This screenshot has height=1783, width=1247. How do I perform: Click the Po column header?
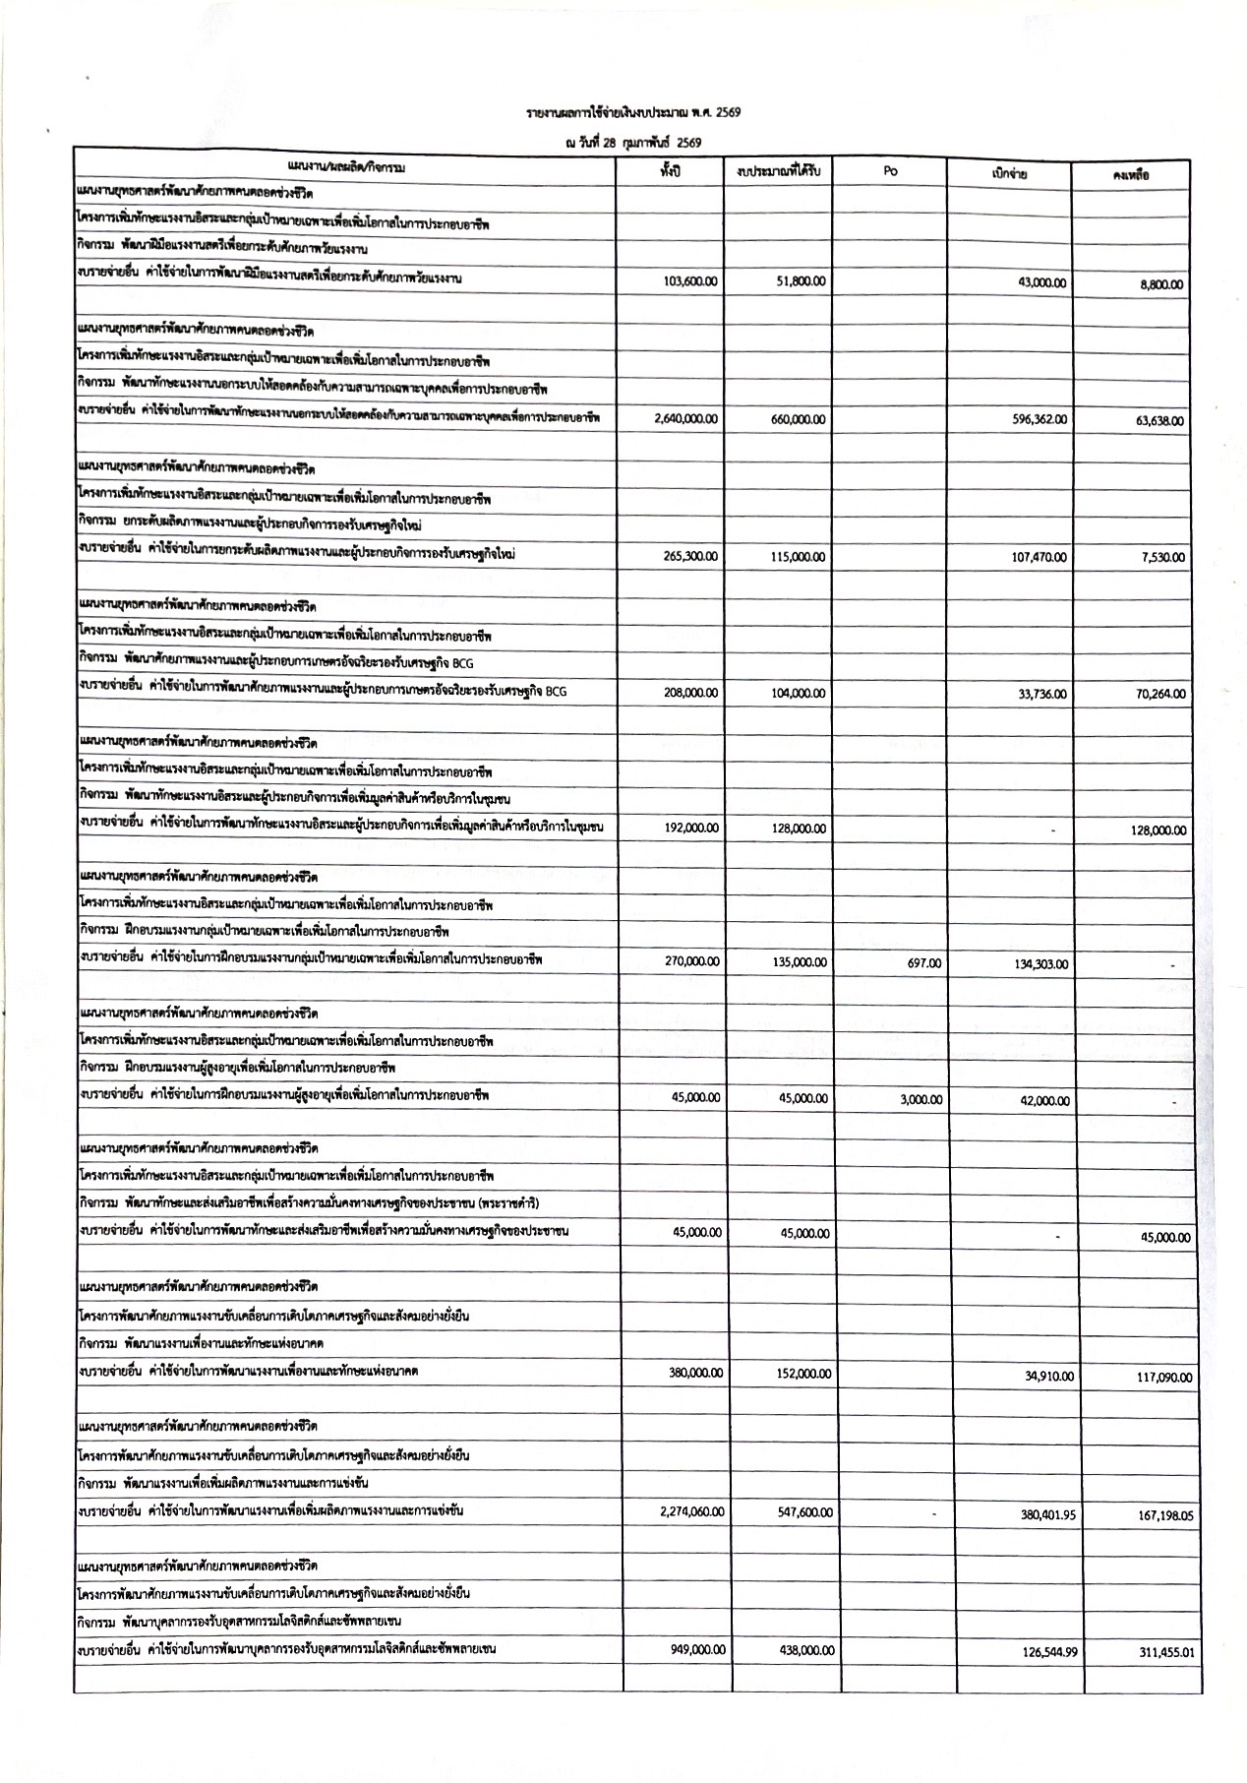(x=890, y=170)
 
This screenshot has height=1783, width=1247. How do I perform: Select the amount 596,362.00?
(x=1039, y=419)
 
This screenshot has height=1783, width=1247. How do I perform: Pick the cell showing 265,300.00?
(x=691, y=556)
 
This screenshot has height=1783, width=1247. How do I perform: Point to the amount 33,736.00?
(x=1042, y=694)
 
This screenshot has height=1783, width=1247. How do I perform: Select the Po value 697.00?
(x=923, y=963)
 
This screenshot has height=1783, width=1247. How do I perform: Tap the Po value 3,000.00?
(x=920, y=1100)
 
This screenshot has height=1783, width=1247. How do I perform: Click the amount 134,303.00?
(x=1040, y=964)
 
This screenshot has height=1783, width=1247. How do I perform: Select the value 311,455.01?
(x=1166, y=1652)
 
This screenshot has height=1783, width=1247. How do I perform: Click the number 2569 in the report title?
(x=728, y=112)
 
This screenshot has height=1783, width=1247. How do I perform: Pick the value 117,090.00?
(x=1164, y=1378)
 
